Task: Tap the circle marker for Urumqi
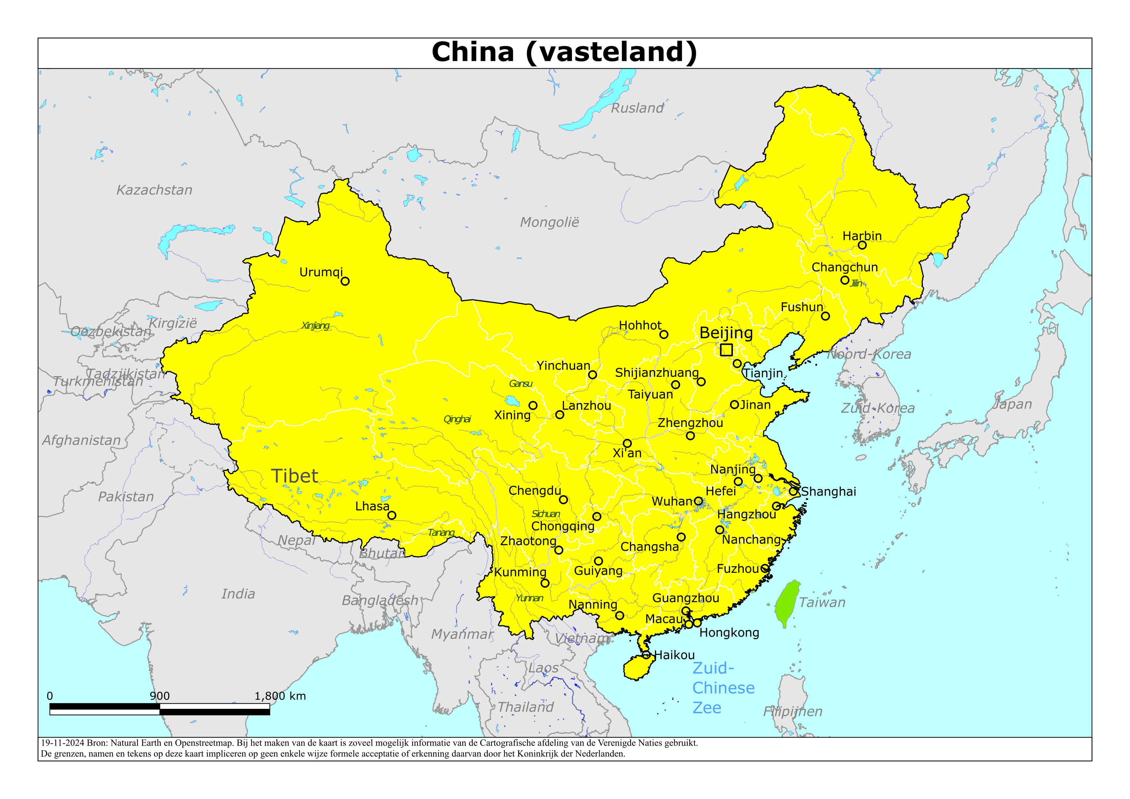point(345,281)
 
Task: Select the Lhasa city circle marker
point(392,516)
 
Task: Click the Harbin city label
point(862,236)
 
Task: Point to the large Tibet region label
point(294,476)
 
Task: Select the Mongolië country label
point(549,223)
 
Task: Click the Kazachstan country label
point(154,190)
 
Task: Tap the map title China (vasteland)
point(564,52)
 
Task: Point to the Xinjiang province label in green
point(315,325)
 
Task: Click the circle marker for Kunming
point(545,583)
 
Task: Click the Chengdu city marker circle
point(563,500)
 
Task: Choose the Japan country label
point(1012,404)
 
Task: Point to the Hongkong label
point(729,633)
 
